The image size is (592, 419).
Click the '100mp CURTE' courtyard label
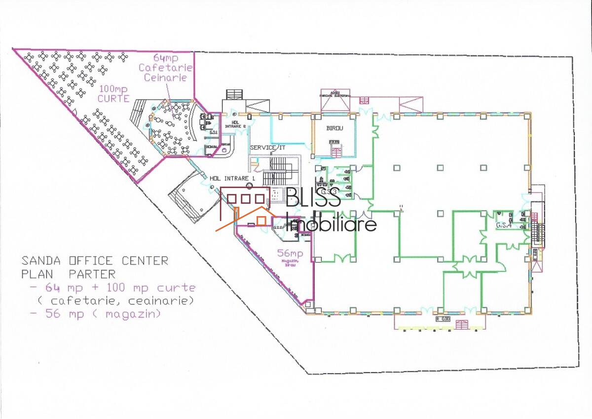[113, 94]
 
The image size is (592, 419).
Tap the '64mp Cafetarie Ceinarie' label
[165, 67]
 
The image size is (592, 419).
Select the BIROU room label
[334, 128]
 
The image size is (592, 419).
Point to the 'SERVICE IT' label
[268, 148]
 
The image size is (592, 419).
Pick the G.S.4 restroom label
[503, 226]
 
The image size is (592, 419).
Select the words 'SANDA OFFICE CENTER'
[95, 261]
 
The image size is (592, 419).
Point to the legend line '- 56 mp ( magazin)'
[95, 314]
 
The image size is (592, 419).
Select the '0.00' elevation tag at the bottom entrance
[443, 319]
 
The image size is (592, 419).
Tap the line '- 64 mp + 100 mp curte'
[112, 287]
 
